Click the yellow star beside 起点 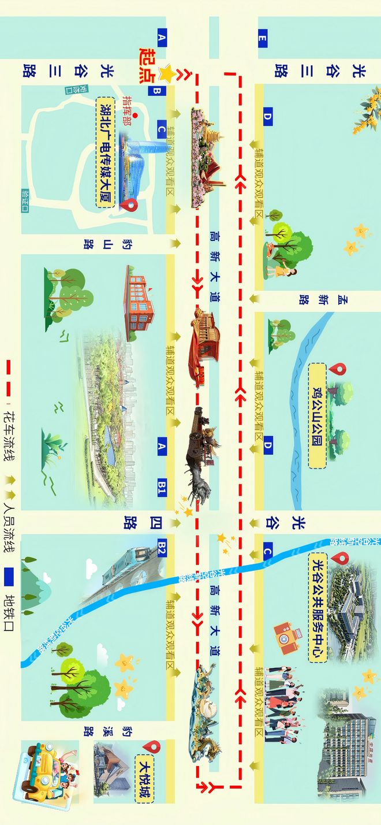point(167,73)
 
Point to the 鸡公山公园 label point(317,415)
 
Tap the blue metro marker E point(263,39)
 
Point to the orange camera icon point(286,637)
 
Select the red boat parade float point(202,348)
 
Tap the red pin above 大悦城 point(152,747)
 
